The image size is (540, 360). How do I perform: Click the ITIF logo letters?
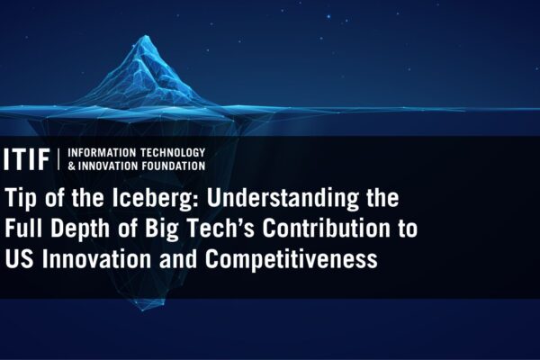[x=26, y=159]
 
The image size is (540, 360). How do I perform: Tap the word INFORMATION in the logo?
[x=102, y=153]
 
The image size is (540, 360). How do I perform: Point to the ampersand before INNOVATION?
[x=71, y=166]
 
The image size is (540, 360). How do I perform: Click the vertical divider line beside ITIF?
[x=58, y=159]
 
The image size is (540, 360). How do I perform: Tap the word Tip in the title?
[x=21, y=198]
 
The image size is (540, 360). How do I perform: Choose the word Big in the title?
[x=161, y=229]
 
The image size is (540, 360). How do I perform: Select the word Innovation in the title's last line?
[x=96, y=258]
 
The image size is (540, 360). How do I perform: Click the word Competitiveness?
[x=292, y=259]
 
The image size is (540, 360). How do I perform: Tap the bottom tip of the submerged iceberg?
[x=143, y=310]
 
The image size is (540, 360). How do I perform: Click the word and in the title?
[x=178, y=258]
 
